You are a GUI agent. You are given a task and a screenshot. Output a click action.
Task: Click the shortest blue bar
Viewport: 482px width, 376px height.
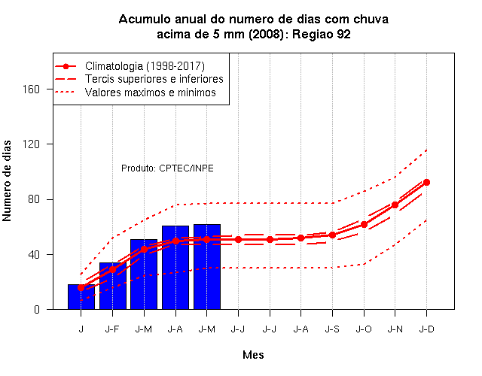click(81, 297)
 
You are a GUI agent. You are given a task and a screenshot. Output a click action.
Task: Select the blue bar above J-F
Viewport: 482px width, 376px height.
click(113, 286)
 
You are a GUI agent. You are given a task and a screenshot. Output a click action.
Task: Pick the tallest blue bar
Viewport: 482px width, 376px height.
click(207, 267)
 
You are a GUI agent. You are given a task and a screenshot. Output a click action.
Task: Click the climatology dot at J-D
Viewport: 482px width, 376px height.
click(426, 182)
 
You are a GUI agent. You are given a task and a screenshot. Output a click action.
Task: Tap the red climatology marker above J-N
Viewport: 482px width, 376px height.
click(395, 205)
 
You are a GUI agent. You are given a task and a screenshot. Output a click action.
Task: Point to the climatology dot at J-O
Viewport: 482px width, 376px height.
click(364, 224)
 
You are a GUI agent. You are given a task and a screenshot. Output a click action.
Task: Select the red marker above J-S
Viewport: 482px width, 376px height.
click(332, 235)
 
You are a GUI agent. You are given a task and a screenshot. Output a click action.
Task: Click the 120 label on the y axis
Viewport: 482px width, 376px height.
click(32, 144)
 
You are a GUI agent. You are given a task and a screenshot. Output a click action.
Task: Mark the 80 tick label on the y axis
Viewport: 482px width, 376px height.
click(34, 199)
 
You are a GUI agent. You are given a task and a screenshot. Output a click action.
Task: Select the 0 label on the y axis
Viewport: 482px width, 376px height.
click(37, 309)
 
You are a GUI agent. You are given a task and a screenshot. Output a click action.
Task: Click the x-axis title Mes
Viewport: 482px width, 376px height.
click(253, 355)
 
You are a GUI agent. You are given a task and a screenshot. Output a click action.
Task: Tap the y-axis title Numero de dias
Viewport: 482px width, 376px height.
click(7, 180)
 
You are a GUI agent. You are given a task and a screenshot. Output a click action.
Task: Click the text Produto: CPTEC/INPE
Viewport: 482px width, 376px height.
click(167, 168)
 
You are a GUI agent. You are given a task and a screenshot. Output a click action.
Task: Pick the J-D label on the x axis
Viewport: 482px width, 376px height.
click(427, 329)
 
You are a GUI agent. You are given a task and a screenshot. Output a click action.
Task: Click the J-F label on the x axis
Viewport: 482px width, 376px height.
click(112, 329)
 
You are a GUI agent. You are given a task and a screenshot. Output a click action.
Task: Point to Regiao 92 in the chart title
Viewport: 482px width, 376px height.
click(322, 34)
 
